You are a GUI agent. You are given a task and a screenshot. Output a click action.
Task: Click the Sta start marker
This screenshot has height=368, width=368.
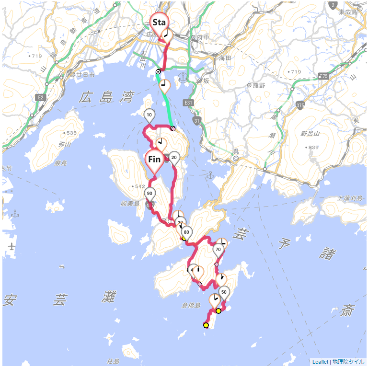pos(159,22)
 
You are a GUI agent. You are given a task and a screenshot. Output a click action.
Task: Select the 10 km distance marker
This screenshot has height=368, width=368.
pos(149,115)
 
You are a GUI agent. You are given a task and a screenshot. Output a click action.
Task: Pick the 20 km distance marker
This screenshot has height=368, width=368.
pos(174,158)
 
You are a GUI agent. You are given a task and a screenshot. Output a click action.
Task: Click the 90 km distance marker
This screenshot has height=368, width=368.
pos(150,194)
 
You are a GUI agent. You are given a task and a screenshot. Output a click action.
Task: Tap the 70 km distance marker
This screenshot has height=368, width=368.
pos(218,250)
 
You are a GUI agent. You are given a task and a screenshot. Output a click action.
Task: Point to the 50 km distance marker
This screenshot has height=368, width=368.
pos(224,292)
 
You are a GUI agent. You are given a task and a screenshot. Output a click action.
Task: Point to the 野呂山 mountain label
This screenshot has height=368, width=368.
pos(310,134)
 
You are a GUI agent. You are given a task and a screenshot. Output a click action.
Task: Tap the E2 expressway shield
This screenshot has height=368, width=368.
pos(40,98)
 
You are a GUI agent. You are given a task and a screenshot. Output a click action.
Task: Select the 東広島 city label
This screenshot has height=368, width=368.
pos(348,11)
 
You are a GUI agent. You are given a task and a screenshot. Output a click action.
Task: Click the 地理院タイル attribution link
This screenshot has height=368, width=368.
pos(348,362)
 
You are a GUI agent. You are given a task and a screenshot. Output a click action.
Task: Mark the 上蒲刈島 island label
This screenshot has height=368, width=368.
pos(351,197)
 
